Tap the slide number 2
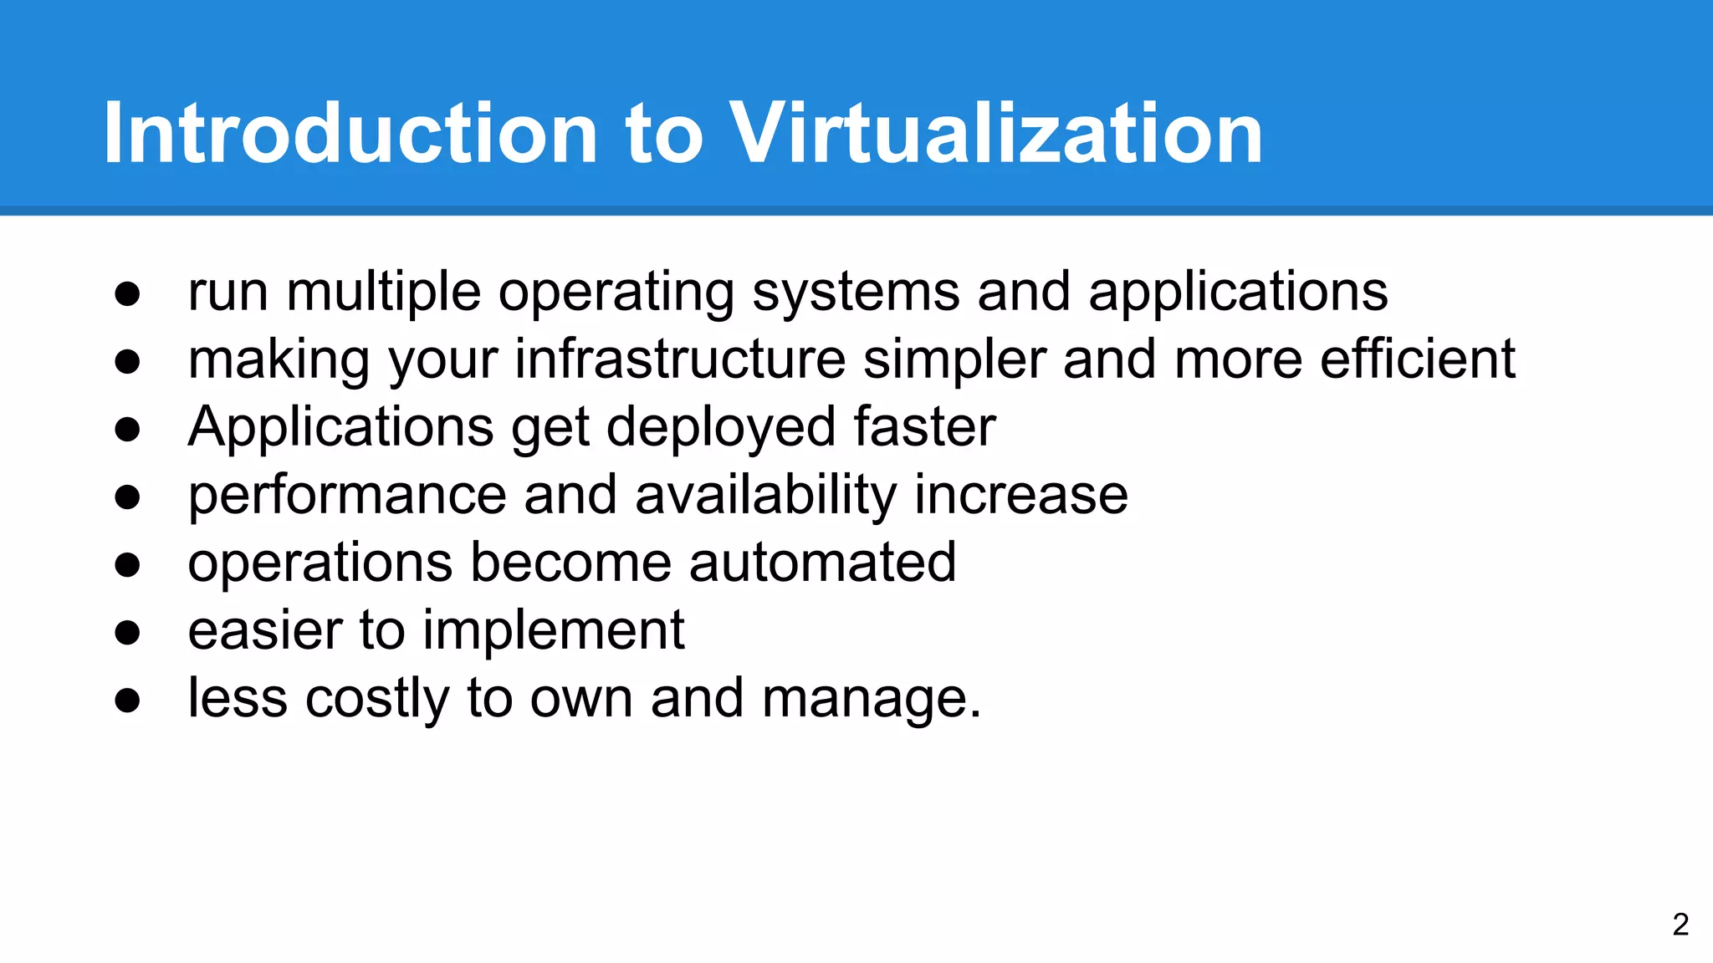tap(1680, 924)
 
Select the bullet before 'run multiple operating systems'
tap(127, 293)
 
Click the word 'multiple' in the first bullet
tap(383, 293)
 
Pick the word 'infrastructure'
tap(680, 359)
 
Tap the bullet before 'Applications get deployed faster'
tap(127, 429)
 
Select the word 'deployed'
tap(720, 429)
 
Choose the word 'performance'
tap(347, 497)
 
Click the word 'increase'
tap(1020, 495)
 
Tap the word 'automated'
tap(822, 563)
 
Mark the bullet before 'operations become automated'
tap(127, 564)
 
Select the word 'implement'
tap(553, 631)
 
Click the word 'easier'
tap(265, 630)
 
